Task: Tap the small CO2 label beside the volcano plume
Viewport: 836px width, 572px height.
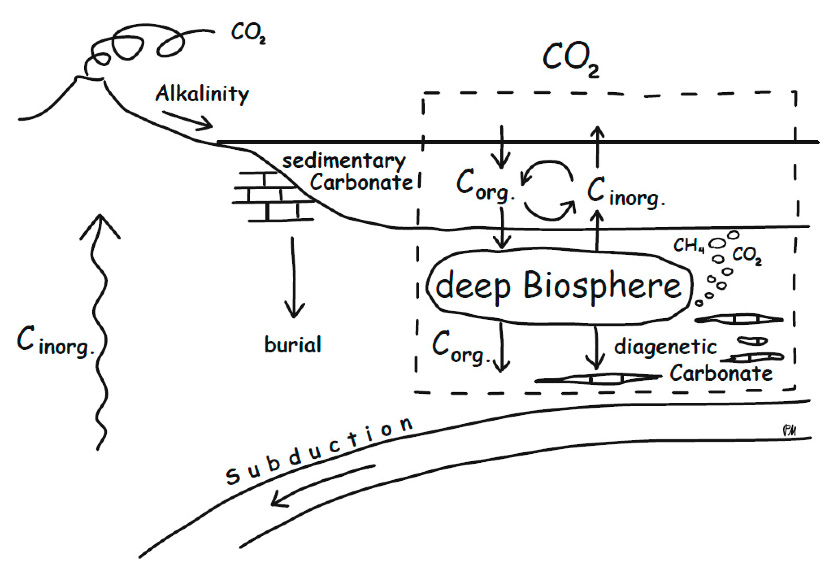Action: pos(248,33)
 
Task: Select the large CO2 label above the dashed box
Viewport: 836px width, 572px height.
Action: pos(571,60)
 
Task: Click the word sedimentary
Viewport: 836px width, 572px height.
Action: pos(344,161)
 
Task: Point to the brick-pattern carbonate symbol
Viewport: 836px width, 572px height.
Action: pos(274,196)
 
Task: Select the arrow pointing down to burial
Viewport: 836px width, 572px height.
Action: pos(294,277)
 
